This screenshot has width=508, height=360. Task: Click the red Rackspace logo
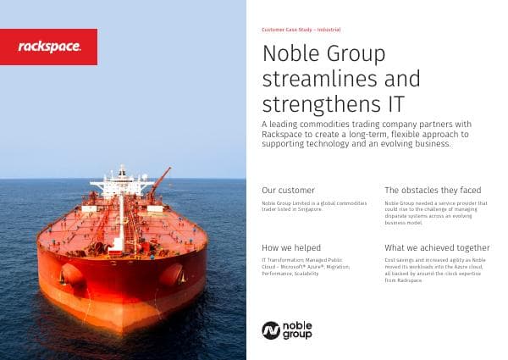click(x=48, y=47)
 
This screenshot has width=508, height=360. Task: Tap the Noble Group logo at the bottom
click(x=287, y=330)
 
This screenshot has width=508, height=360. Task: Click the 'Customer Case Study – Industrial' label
click(x=301, y=29)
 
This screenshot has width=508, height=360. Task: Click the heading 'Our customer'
click(x=288, y=190)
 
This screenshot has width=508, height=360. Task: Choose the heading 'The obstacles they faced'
click(x=433, y=190)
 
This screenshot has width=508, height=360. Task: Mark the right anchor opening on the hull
click(x=172, y=273)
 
